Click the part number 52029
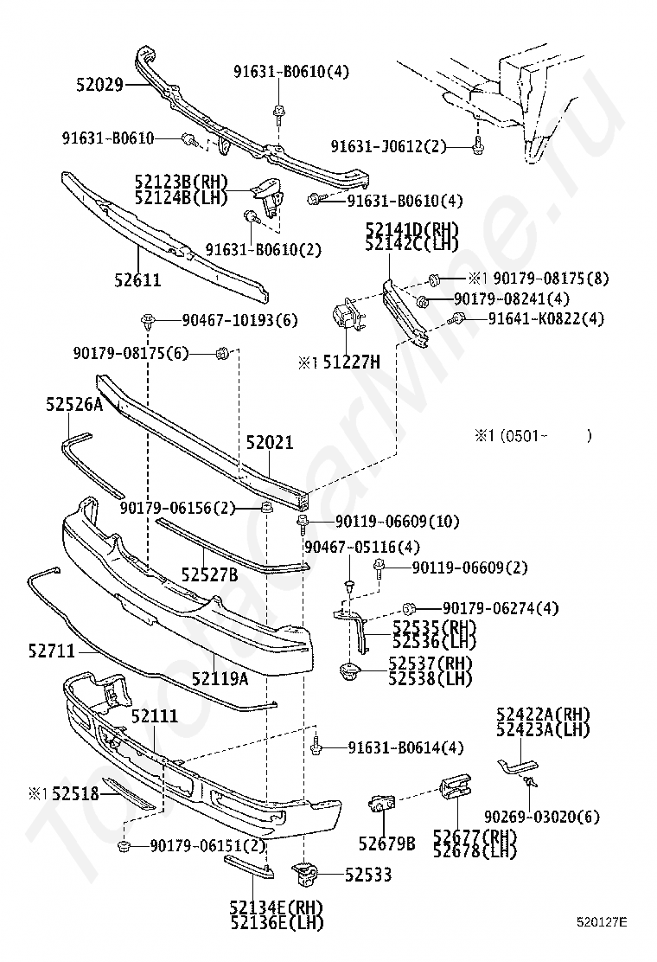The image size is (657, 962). pyautogui.click(x=99, y=85)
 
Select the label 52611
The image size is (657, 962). pyautogui.click(x=137, y=279)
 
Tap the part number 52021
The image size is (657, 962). pyautogui.click(x=269, y=443)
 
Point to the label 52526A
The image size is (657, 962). pyautogui.click(x=73, y=404)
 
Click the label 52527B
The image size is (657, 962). pyautogui.click(x=209, y=574)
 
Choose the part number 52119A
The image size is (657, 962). pyautogui.click(x=220, y=679)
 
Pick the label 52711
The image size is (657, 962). pyautogui.click(x=51, y=650)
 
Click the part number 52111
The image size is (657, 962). pyautogui.click(x=155, y=716)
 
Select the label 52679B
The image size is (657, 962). pyautogui.click(x=386, y=842)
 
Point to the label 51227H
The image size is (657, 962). pyautogui.click(x=351, y=362)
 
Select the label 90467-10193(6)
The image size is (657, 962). pyautogui.click(x=239, y=320)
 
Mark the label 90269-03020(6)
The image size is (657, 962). pyautogui.click(x=541, y=817)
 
